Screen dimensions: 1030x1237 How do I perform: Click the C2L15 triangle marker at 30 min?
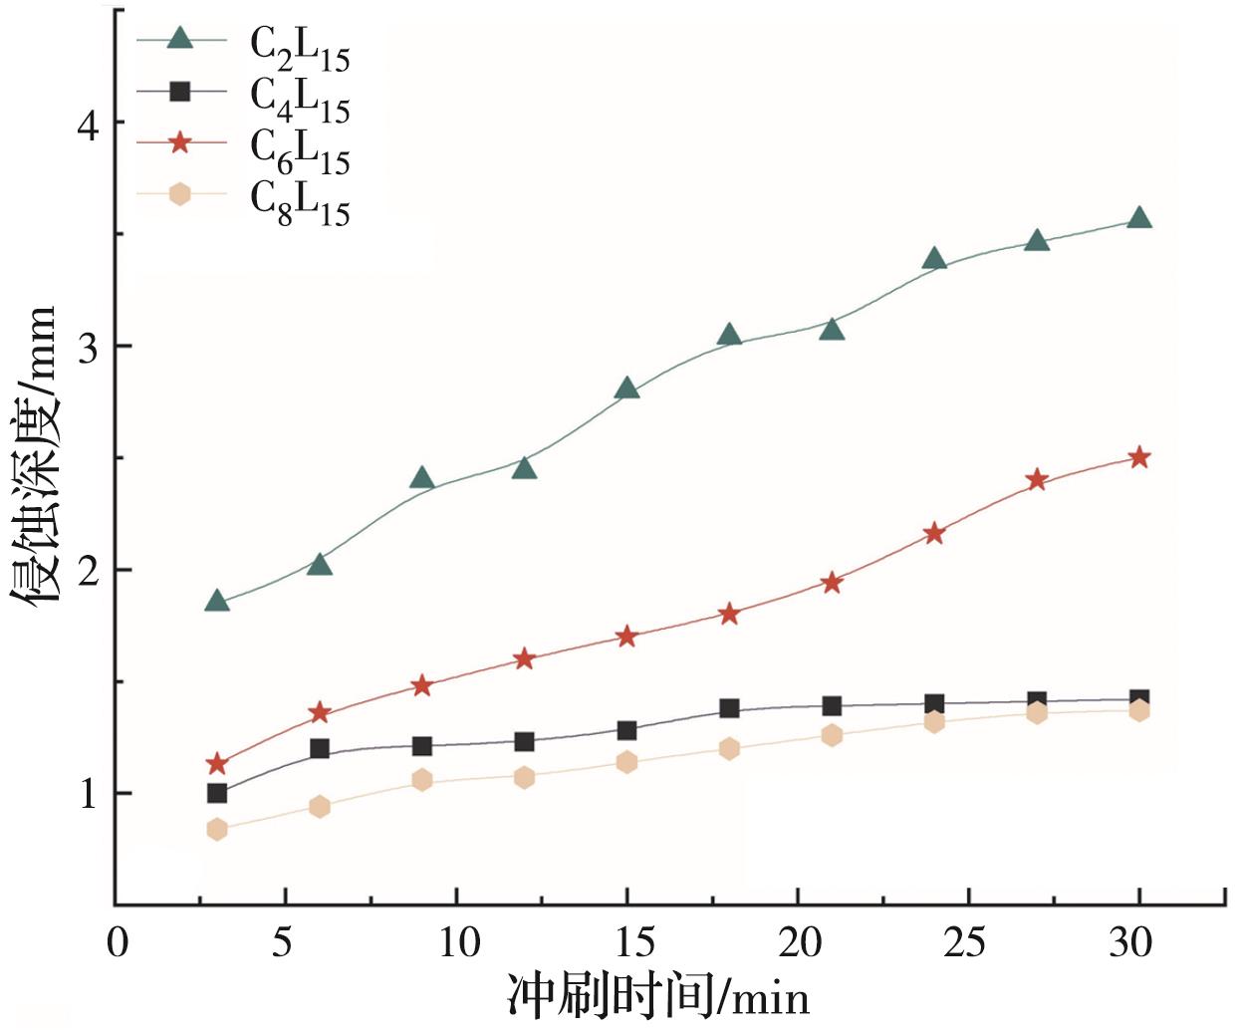tap(1139, 218)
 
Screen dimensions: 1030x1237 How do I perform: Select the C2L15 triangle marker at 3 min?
tap(217, 601)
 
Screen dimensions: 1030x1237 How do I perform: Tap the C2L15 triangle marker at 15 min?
tap(626, 387)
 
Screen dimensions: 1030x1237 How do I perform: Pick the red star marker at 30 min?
tap(1139, 457)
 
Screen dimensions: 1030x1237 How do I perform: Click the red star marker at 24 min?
tap(934, 533)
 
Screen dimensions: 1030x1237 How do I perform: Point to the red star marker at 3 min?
tap(217, 764)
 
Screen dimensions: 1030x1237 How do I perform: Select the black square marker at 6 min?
tap(320, 748)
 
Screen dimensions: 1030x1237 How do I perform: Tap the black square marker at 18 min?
tap(729, 708)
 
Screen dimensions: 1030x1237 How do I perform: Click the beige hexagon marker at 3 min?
tap(217, 829)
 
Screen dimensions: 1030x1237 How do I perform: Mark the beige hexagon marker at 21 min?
tap(832, 735)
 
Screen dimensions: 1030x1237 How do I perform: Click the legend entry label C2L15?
tap(300, 47)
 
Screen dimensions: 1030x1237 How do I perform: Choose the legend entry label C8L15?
tap(300, 203)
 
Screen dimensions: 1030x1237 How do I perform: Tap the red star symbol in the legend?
tap(179, 142)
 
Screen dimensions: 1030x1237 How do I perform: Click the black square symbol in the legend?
tap(179, 92)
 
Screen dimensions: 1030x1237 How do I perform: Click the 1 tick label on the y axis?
tap(89, 794)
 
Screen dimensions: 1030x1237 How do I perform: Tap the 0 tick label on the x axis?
tap(117, 941)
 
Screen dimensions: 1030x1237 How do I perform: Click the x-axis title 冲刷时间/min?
tap(658, 995)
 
